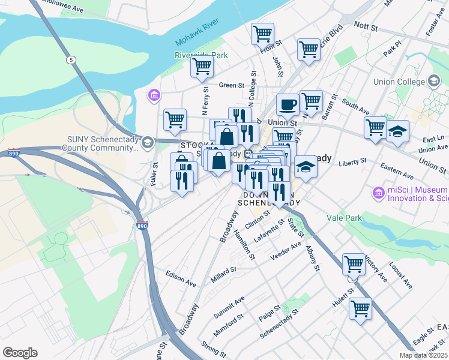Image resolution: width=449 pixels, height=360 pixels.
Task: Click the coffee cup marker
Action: (x=288, y=105)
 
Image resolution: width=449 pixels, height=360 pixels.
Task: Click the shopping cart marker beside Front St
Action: (x=263, y=34)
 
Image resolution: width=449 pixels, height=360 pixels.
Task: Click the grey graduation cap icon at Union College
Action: (x=433, y=81)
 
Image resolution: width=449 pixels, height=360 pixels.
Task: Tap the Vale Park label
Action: (x=344, y=218)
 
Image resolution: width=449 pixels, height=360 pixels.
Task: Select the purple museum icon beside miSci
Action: (x=378, y=193)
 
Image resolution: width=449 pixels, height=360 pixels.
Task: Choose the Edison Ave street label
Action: (x=181, y=278)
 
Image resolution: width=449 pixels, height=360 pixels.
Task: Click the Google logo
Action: (x=20, y=353)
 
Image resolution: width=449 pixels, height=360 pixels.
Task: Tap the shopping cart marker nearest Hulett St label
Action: (x=354, y=265)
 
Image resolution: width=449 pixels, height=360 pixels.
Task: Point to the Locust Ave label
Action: (x=401, y=274)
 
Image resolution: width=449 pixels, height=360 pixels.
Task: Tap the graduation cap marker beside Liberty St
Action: (x=306, y=167)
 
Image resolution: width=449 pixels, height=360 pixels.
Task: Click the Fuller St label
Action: (x=154, y=174)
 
